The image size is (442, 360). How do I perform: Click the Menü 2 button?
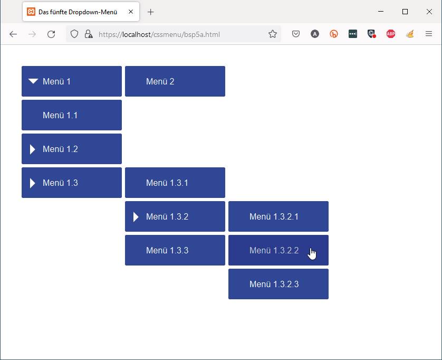pyautogui.click(x=175, y=81)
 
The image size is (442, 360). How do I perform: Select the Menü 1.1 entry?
pyautogui.click(x=72, y=115)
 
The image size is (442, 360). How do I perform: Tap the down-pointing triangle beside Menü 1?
pyautogui.click(x=33, y=81)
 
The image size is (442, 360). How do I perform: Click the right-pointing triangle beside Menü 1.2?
pyautogui.click(x=32, y=149)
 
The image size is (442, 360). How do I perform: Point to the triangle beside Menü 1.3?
pyautogui.click(x=32, y=183)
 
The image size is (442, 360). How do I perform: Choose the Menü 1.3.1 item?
pyautogui.click(x=175, y=183)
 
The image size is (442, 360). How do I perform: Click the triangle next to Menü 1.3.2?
pyautogui.click(x=136, y=217)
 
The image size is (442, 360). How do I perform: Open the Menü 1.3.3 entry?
pyautogui.click(x=175, y=250)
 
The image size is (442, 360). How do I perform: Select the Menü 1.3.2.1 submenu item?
pyautogui.click(x=278, y=216)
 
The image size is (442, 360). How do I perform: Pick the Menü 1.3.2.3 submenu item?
pyautogui.click(x=278, y=284)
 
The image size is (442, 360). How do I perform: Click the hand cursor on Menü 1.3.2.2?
pyautogui.click(x=312, y=253)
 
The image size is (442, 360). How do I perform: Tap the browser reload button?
pyautogui.click(x=51, y=34)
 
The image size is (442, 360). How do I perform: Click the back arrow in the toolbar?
pyautogui.click(x=13, y=34)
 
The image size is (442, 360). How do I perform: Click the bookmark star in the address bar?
pyautogui.click(x=273, y=34)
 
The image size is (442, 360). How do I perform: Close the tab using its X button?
pyautogui.click(x=131, y=12)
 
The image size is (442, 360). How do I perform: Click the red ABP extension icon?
pyautogui.click(x=391, y=34)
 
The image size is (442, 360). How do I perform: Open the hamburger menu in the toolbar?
pyautogui.click(x=429, y=34)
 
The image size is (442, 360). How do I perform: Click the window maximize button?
pyautogui.click(x=405, y=12)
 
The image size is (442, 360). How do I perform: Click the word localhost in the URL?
pyautogui.click(x=137, y=34)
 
